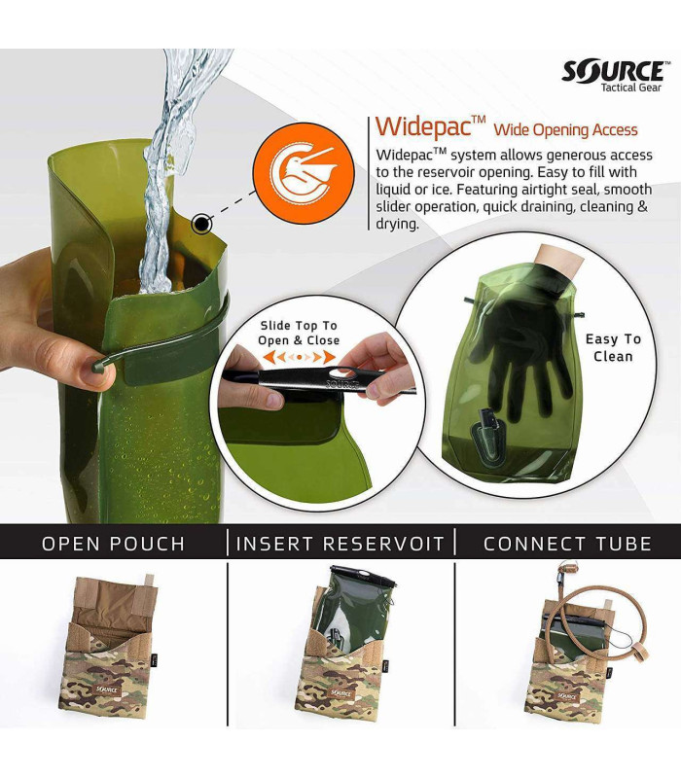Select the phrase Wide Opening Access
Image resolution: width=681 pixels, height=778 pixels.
[x=565, y=130]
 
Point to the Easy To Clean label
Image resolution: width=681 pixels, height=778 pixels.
[x=613, y=347]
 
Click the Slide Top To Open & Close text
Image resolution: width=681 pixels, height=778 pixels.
[x=299, y=333]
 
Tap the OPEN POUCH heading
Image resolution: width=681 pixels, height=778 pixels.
[x=113, y=543]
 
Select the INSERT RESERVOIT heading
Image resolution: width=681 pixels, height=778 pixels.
[x=340, y=543]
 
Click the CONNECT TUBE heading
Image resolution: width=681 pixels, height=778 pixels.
[x=567, y=543]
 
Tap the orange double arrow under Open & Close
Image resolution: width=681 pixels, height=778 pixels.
[x=298, y=358]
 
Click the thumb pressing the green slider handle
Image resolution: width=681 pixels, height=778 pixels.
[x=97, y=369]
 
